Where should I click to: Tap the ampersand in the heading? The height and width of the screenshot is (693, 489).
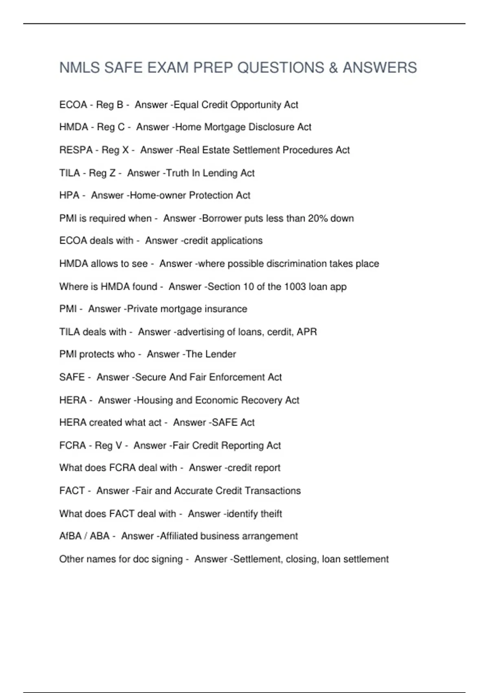(x=333, y=68)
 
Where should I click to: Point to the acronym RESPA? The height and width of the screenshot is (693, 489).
(x=76, y=150)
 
